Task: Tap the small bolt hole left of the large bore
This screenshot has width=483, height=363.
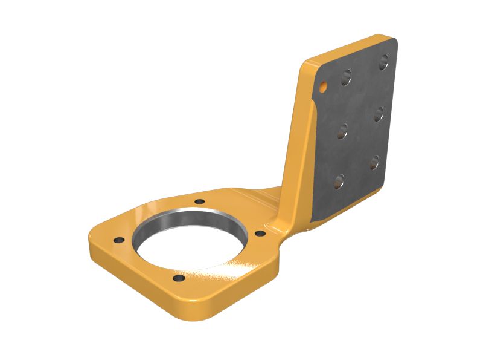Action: pos(119,240)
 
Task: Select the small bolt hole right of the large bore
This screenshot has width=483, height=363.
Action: pos(260,233)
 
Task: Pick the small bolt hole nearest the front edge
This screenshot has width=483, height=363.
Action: pos(178,279)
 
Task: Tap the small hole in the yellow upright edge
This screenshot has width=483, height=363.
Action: pos(323,87)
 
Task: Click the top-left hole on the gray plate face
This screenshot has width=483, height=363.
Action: pos(346,76)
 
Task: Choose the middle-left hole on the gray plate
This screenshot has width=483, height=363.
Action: pos(342,131)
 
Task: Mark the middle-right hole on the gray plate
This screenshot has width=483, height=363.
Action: pos(379,114)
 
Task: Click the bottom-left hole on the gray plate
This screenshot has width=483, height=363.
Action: pos(339,180)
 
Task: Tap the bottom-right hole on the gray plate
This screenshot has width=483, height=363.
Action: pos(374,162)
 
